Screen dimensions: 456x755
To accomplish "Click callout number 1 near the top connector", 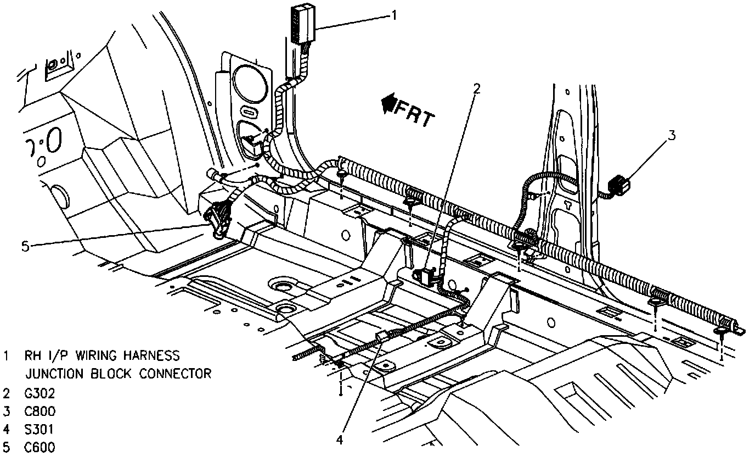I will [393, 15].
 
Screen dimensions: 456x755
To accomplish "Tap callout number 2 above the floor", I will [477, 88].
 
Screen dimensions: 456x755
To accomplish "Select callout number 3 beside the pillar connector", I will [671, 135].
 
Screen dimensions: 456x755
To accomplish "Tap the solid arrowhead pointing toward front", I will [389, 103].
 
